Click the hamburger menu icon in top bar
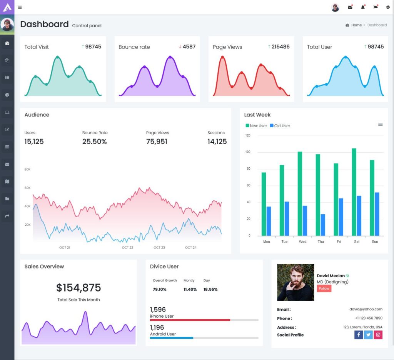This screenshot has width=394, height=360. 20,7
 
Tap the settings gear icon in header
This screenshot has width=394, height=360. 388,7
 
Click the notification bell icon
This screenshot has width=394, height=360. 362,7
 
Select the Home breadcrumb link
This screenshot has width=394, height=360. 356,25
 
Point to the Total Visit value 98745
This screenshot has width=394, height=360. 93,47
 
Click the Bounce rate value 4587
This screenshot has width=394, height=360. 189,47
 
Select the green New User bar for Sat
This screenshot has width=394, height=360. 354,192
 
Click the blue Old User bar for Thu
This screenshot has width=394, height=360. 323,225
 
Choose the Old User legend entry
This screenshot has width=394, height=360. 280,126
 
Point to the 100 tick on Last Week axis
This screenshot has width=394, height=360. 248,152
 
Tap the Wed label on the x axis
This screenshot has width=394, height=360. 303,242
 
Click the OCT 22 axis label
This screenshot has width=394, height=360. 127,247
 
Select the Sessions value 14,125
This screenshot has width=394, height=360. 217,142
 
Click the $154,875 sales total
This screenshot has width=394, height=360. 78,288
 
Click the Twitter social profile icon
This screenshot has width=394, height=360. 368,335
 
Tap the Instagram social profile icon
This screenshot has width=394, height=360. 378,335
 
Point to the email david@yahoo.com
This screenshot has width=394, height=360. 366,309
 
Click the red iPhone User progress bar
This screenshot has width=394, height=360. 190,320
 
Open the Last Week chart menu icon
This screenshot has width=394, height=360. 380,124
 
